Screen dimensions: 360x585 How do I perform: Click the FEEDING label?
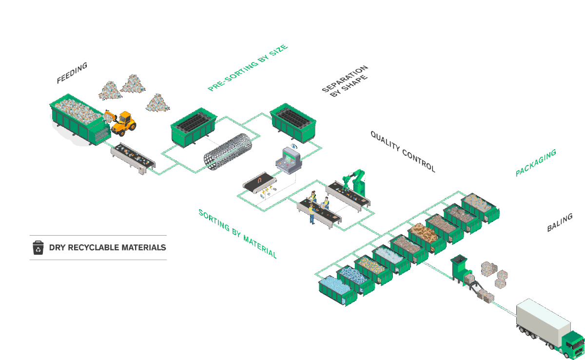[x=72, y=73]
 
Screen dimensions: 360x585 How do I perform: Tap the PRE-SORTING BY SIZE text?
[x=248, y=68]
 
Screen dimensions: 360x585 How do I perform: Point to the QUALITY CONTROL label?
[x=403, y=151]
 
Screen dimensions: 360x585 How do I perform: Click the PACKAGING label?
[x=536, y=163]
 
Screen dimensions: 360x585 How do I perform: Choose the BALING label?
[x=559, y=223]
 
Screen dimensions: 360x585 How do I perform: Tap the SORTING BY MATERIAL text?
[x=237, y=234]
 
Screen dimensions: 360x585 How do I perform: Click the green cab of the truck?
[x=573, y=344]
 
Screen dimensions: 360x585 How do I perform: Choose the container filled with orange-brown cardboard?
[x=426, y=236]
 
